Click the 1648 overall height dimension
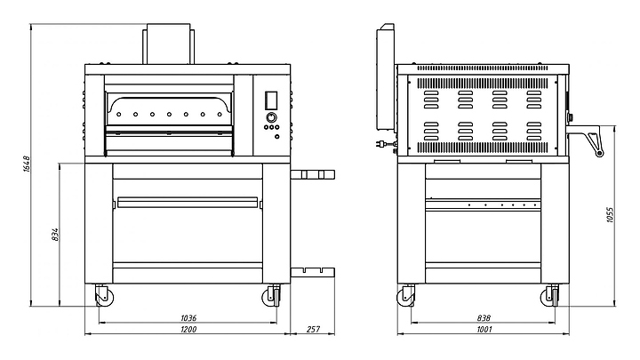pos(27,164)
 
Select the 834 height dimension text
pos(55,235)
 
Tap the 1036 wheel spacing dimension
pos(188,317)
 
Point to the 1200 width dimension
pos(188,329)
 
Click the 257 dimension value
pos(313,329)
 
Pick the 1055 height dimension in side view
pos(610,215)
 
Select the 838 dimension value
pos(484,317)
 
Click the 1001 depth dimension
pos(484,329)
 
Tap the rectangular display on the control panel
pos(271,100)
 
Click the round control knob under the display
pos(271,117)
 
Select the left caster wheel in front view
pos(104,296)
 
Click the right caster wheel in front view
pos(271,296)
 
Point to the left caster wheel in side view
pos(405,296)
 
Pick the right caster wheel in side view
pos(550,296)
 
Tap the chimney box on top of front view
pos(168,44)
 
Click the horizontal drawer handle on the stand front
pos(188,202)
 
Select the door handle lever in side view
pos(586,140)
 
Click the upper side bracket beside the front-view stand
pos(313,175)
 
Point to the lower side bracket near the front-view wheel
pos(313,272)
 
